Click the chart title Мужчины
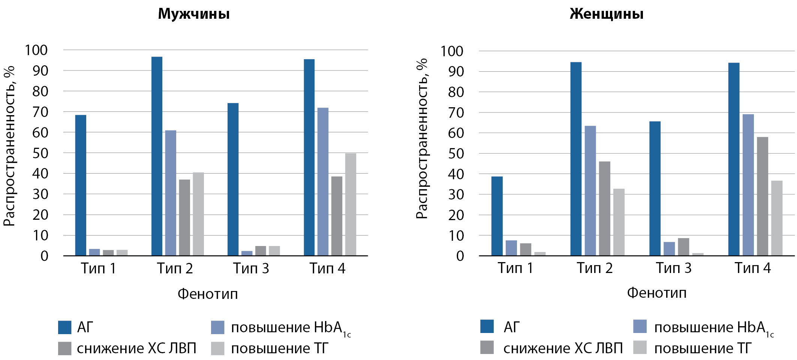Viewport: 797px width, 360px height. (x=193, y=14)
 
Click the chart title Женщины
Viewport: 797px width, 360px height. (x=607, y=14)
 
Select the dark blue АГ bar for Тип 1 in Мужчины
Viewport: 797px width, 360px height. (x=81, y=185)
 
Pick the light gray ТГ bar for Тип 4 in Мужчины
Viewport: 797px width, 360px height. (x=351, y=204)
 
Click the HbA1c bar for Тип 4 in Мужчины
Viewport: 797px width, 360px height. (x=323, y=182)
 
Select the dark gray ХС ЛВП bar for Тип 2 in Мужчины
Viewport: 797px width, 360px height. (x=184, y=217)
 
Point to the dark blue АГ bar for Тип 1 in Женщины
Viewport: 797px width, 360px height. (x=497, y=216)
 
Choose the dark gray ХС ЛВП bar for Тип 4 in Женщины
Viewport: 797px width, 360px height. (x=763, y=196)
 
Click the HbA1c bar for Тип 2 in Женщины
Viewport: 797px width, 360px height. (x=590, y=190)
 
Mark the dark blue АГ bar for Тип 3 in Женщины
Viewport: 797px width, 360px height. (x=655, y=188)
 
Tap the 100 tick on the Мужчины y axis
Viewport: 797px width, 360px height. (x=36, y=50)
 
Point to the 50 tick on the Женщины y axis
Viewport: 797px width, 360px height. (x=456, y=153)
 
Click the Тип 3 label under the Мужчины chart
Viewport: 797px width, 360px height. (x=251, y=268)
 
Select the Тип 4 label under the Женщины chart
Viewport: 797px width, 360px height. (x=752, y=268)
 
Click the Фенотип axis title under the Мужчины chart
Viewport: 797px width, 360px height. (x=208, y=294)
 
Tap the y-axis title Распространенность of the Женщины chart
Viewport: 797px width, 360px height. (x=422, y=139)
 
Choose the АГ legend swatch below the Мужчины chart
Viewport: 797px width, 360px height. (x=64, y=327)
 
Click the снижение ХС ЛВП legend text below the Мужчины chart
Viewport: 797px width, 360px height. (x=136, y=348)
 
